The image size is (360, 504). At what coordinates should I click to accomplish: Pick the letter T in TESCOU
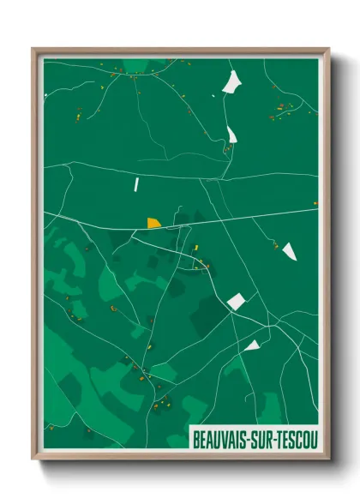(281, 437)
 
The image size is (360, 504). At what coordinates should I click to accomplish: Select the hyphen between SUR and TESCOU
(276, 437)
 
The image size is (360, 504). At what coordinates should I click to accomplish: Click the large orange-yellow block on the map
(153, 223)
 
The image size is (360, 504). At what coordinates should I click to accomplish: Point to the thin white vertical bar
(135, 183)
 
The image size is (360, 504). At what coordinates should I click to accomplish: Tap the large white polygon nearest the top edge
(231, 82)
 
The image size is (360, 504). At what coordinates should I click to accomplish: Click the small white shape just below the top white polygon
(232, 135)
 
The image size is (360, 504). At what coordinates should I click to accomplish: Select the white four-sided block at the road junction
(236, 301)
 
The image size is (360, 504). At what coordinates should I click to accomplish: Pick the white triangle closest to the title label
(252, 345)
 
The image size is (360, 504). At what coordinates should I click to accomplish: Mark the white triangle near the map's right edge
(289, 250)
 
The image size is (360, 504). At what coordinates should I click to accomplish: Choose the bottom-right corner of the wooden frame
(328, 459)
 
